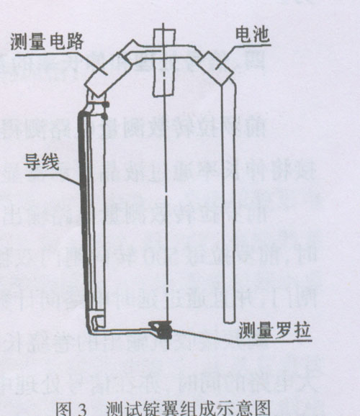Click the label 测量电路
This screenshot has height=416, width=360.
click(x=47, y=42)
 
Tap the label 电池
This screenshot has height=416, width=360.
click(x=253, y=35)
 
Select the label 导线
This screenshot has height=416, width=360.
click(x=42, y=162)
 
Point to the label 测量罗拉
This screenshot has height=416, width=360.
click(x=274, y=330)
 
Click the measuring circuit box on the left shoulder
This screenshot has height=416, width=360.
click(x=108, y=75)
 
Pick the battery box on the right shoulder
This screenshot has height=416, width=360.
click(x=215, y=68)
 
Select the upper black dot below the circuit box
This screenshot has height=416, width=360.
click(x=107, y=104)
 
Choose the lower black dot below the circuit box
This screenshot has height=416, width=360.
click(x=105, y=116)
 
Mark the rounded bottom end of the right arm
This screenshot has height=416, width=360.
click(x=230, y=322)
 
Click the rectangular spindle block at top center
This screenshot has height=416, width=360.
click(x=164, y=63)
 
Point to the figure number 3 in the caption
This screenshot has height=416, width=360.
click(x=82, y=409)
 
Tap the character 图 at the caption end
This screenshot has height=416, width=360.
click(x=262, y=408)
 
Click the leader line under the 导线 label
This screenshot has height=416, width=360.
click(x=53, y=179)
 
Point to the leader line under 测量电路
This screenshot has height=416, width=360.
click(x=62, y=62)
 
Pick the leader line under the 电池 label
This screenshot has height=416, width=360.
click(x=243, y=56)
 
